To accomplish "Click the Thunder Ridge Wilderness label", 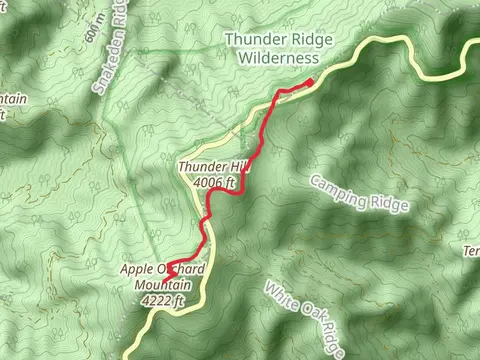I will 271,49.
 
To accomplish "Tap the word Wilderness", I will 271,58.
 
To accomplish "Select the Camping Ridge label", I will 359,193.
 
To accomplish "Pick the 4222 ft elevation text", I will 164,298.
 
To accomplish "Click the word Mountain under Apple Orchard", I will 161,284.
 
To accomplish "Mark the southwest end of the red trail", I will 168,267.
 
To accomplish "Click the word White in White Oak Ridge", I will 280,298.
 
